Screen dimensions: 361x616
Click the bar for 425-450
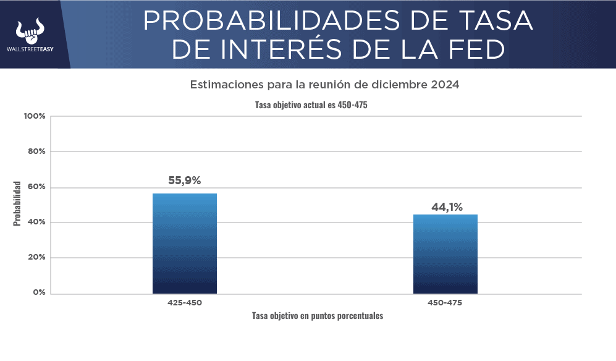pyautogui.click(x=184, y=244)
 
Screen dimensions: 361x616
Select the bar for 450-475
pyautogui.click(x=445, y=254)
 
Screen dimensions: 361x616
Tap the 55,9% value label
pyautogui.click(x=184, y=181)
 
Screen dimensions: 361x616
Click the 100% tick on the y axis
pyautogui.click(x=34, y=116)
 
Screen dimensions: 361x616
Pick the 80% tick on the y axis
pyautogui.click(x=35, y=151)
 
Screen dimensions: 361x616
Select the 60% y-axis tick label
pyautogui.click(x=35, y=187)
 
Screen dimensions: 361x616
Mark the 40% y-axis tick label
pyautogui.click(x=35, y=223)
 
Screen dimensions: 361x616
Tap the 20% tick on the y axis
pyautogui.click(x=35, y=258)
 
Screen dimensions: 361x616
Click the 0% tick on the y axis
pyautogui.click(x=38, y=292)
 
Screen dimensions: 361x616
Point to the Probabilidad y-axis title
pyautogui.click(x=17, y=203)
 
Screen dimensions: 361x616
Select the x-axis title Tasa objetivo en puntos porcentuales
pyautogui.click(x=318, y=316)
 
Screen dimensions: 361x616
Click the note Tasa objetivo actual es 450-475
pyautogui.click(x=311, y=105)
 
